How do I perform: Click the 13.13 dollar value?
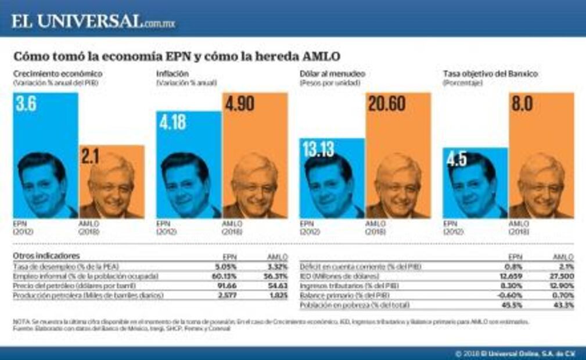(x=318, y=149)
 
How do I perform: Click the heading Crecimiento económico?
(x=58, y=74)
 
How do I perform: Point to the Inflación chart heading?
(x=172, y=74)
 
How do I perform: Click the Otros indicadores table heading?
(x=46, y=255)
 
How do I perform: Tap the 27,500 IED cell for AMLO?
(x=561, y=276)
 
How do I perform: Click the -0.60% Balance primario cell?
(x=511, y=296)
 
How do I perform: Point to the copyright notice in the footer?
(x=517, y=353)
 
